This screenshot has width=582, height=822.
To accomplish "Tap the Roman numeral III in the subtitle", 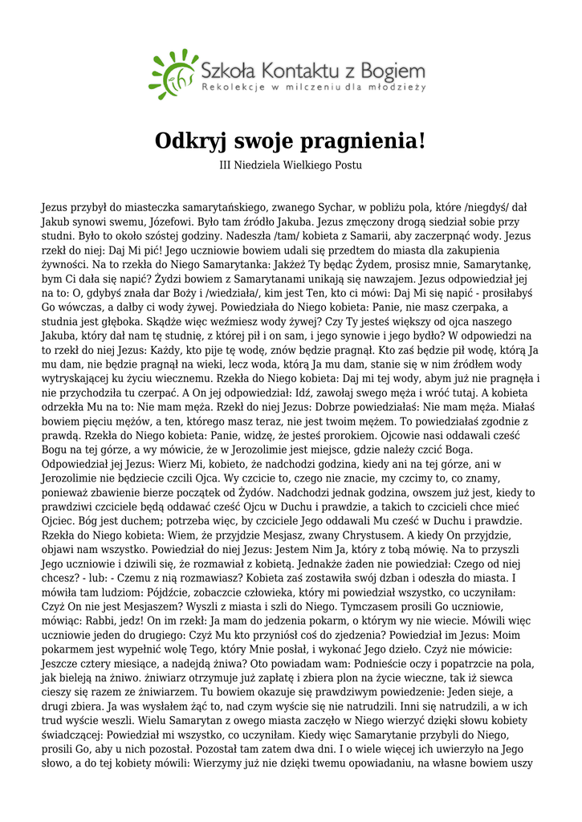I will pyautogui.click(x=226, y=165).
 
